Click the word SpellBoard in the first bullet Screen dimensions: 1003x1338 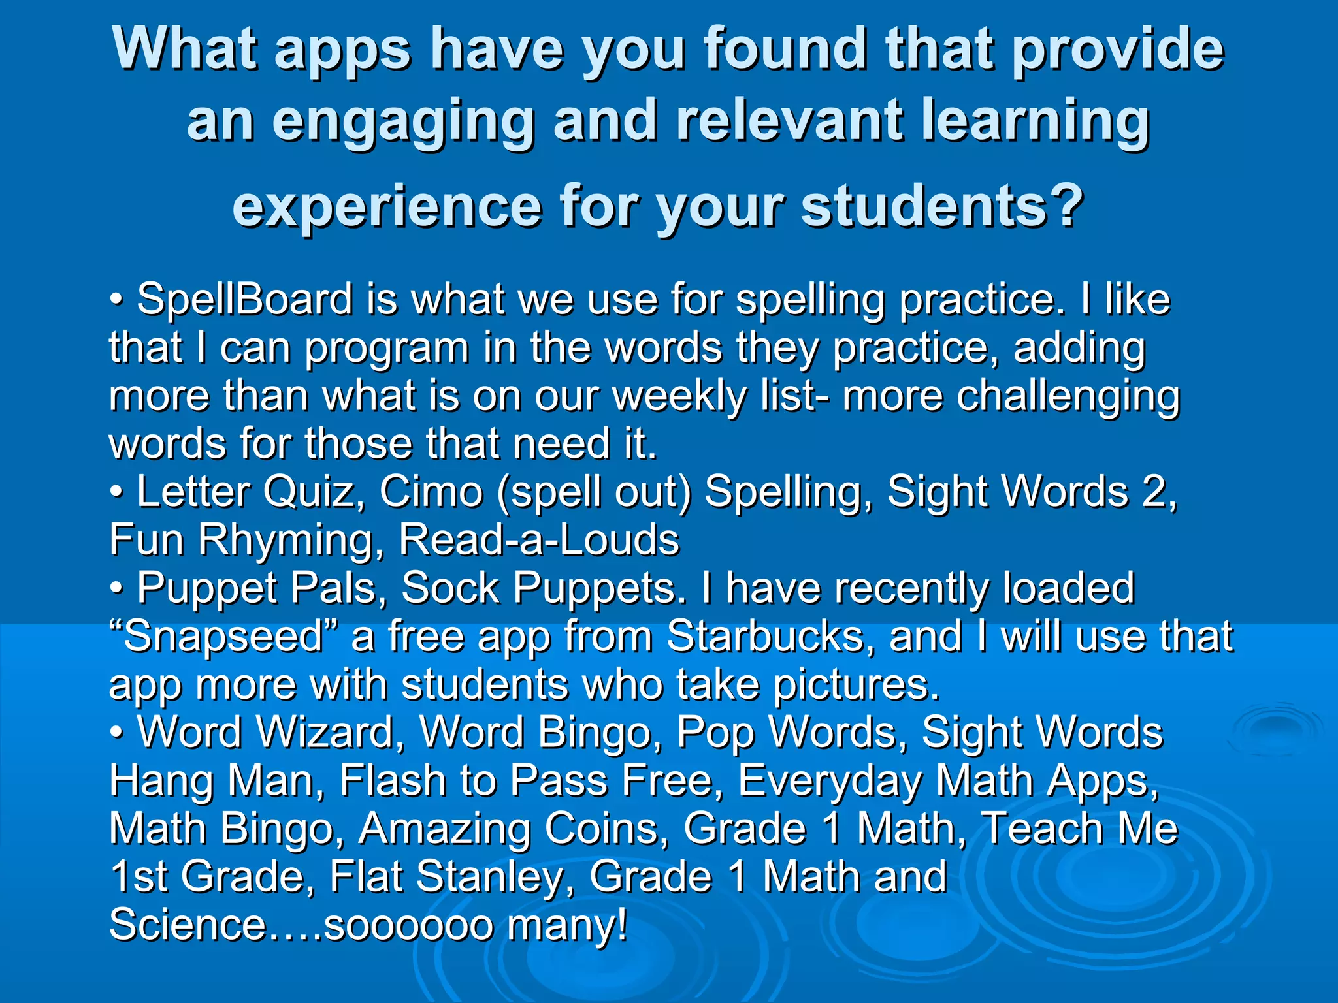tap(244, 300)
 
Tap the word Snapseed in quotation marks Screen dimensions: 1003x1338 tap(223, 637)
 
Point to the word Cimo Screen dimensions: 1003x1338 tap(431, 492)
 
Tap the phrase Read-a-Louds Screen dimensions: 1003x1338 tap(539, 540)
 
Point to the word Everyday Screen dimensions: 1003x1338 tap(830, 782)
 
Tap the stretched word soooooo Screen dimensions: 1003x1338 tap(409, 925)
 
